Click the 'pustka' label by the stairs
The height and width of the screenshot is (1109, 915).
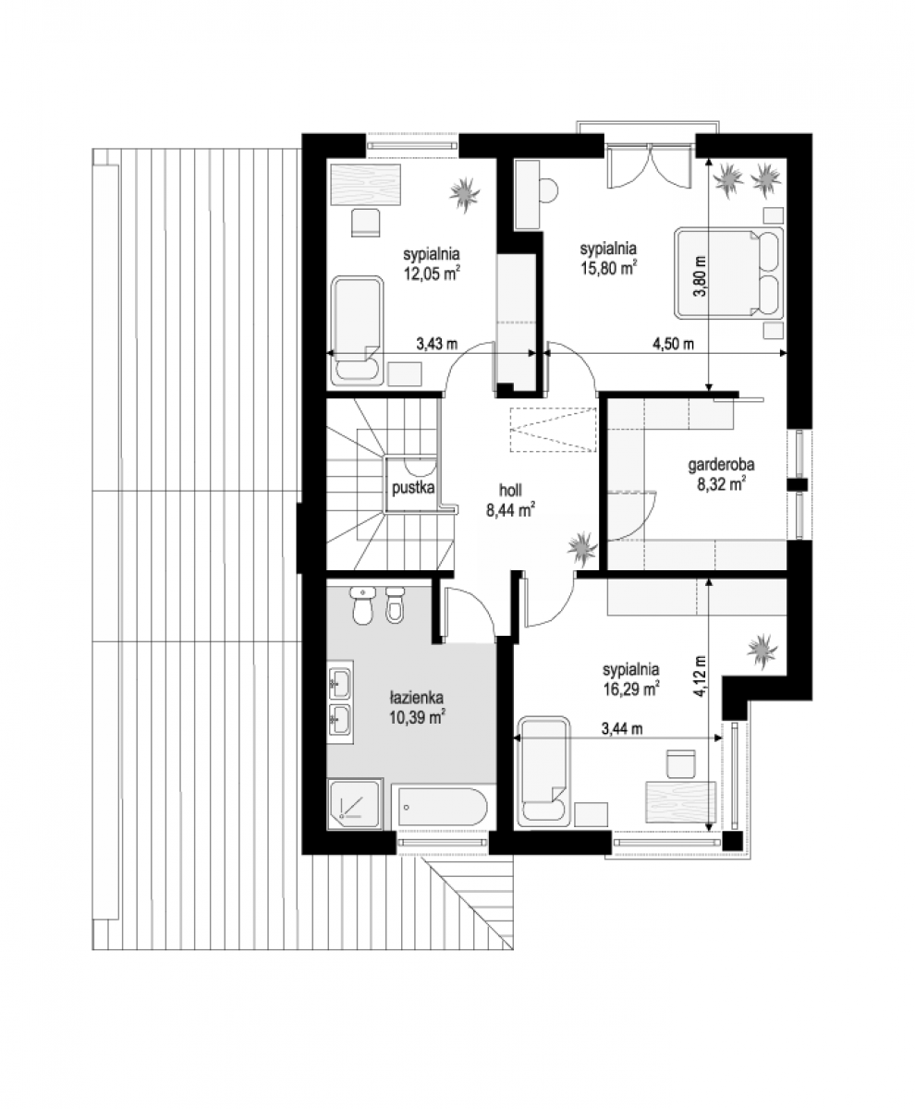pyautogui.click(x=413, y=488)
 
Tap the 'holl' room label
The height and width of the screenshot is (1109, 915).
pyautogui.click(x=510, y=490)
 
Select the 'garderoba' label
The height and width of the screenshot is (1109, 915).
pyautogui.click(x=721, y=465)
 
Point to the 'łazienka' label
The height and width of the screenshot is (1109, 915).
pyautogui.click(x=417, y=697)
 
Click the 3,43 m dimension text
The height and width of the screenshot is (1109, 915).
pyautogui.click(x=437, y=344)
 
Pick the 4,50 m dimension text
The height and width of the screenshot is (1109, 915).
pyautogui.click(x=673, y=344)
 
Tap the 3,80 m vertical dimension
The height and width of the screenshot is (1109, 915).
pyautogui.click(x=702, y=276)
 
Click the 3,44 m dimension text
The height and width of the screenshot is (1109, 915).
pyautogui.click(x=622, y=729)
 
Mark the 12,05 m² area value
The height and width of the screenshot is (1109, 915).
pyautogui.click(x=431, y=273)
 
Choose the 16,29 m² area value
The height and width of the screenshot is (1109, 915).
pyautogui.click(x=631, y=689)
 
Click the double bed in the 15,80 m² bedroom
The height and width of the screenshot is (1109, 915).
pyautogui.click(x=729, y=274)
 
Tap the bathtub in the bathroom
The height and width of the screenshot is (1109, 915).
pyautogui.click(x=439, y=808)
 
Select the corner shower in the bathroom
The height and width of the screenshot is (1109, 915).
pyautogui.click(x=355, y=804)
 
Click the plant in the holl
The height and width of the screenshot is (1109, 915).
pyautogui.click(x=583, y=549)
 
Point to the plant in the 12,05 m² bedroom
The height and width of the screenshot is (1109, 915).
pyautogui.click(x=465, y=195)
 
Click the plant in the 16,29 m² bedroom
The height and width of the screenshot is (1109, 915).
pyautogui.click(x=763, y=650)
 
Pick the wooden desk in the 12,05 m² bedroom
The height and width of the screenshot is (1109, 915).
pyautogui.click(x=366, y=184)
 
